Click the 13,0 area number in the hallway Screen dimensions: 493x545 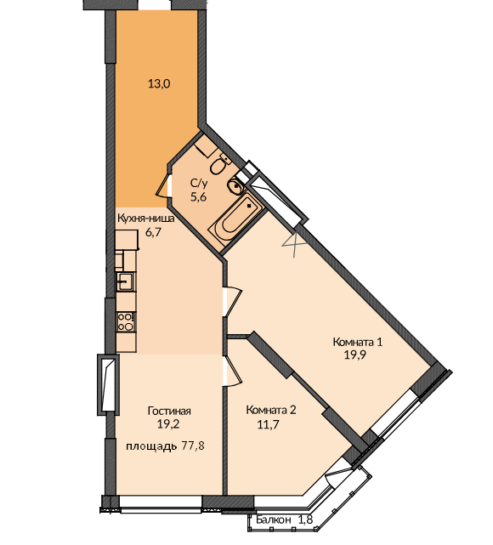coord(159,84)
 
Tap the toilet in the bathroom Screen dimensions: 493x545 coord(219,165)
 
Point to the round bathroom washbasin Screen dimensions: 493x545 coord(235,185)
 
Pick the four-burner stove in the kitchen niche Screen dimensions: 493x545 coord(126,322)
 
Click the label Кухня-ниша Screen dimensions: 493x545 coord(146,219)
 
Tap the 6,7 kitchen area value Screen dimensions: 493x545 coord(154,232)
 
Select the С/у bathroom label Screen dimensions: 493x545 coord(199,183)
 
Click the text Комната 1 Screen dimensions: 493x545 coord(358,342)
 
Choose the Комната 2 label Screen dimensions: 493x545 coord(271,410)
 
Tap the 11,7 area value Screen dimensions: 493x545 coord(269,424)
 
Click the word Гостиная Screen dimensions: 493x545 coord(169,411)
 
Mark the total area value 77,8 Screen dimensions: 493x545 coord(193,446)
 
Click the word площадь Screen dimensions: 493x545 coord(151,446)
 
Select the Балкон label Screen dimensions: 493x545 coord(274,520)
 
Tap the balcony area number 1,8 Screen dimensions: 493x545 coord(306,520)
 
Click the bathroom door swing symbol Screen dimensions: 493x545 coord(164,185)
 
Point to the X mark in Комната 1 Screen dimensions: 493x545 coord(294,245)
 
